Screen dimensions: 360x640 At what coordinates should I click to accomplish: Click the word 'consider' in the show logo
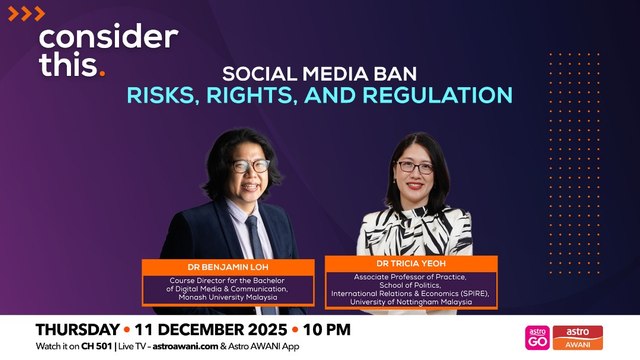[x=107, y=39]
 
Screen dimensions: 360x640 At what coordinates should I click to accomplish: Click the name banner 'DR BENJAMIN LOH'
[x=217, y=267]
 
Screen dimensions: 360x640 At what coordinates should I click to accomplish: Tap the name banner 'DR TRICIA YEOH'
[x=410, y=263]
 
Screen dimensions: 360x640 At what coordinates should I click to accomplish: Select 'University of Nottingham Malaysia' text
[x=410, y=301]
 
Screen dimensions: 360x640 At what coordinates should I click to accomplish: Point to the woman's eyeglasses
[x=415, y=168]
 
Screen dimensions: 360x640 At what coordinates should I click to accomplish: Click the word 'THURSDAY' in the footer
[x=76, y=329]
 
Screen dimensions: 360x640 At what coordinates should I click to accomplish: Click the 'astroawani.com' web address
[x=188, y=346]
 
